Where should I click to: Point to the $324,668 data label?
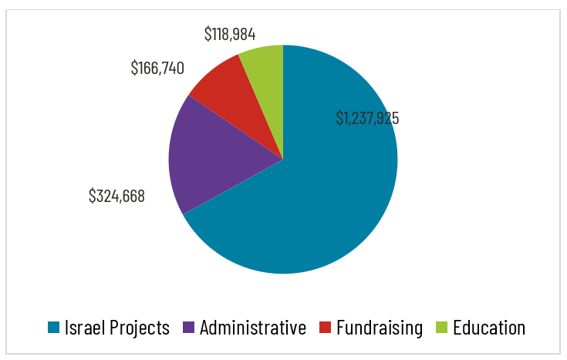tap(116, 196)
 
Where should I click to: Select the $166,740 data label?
tap(157, 68)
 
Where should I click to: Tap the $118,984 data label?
tap(230, 34)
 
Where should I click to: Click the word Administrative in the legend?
tap(252, 328)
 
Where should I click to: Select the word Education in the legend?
tap(489, 328)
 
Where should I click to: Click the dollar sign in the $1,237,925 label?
tap(339, 118)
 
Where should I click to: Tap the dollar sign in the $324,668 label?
tap(93, 196)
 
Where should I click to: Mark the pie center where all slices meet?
tap(283, 160)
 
